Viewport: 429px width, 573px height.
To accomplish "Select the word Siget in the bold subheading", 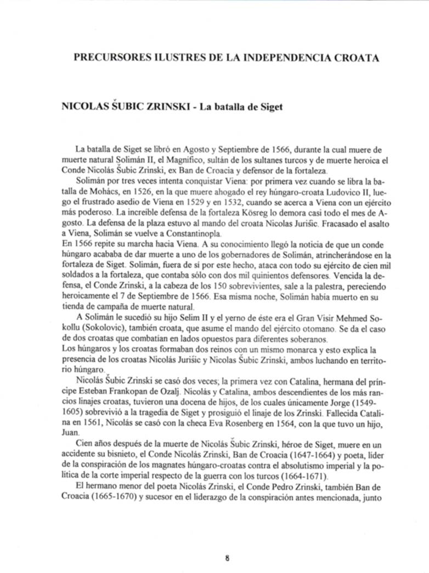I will click(270, 106).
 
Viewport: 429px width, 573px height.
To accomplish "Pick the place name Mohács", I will click(116, 193).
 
